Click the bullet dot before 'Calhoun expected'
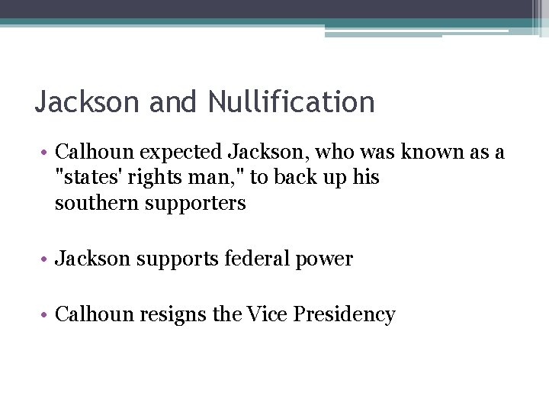pyautogui.click(x=47, y=153)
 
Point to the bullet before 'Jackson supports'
pyautogui.click(x=47, y=259)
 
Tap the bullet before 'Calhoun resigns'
pyautogui.click(x=47, y=314)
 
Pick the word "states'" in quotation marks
pyautogui.click(x=85, y=178)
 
